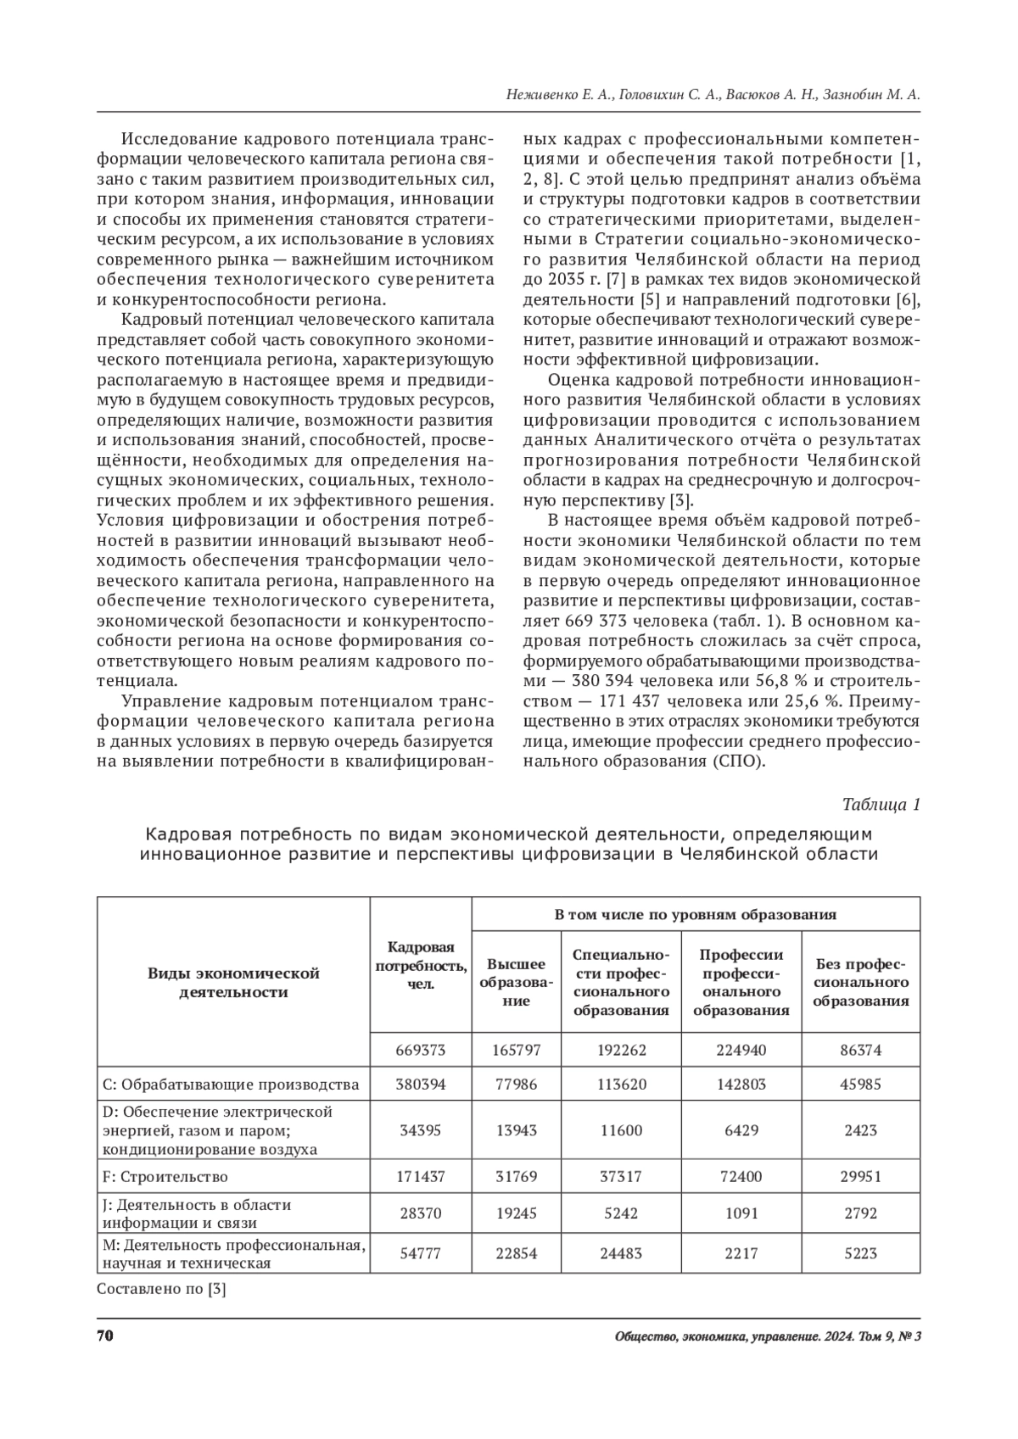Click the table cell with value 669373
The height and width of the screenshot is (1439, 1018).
[x=421, y=1050]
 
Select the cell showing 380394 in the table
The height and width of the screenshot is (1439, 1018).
[x=421, y=1084]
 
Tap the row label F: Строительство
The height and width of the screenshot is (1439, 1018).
[x=165, y=1176]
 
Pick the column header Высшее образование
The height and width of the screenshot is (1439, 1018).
[x=516, y=982]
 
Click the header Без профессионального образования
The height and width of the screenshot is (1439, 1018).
[x=861, y=982]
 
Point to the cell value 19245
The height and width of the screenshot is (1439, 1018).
[x=516, y=1213]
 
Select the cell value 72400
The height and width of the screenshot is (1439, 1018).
[x=741, y=1176]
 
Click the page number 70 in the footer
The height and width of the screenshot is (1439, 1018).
[x=105, y=1337]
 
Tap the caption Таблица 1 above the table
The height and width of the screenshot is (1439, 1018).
[x=881, y=804]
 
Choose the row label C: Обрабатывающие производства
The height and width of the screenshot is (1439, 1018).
[x=230, y=1084]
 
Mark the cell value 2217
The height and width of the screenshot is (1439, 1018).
[x=741, y=1252]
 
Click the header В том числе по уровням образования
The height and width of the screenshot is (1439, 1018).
[x=696, y=914]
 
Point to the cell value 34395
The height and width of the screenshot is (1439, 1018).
[x=421, y=1130]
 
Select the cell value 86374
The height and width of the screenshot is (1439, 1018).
[x=861, y=1050]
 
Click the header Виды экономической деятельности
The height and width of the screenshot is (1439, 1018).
[x=233, y=982]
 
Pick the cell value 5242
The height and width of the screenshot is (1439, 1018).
[x=622, y=1213]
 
